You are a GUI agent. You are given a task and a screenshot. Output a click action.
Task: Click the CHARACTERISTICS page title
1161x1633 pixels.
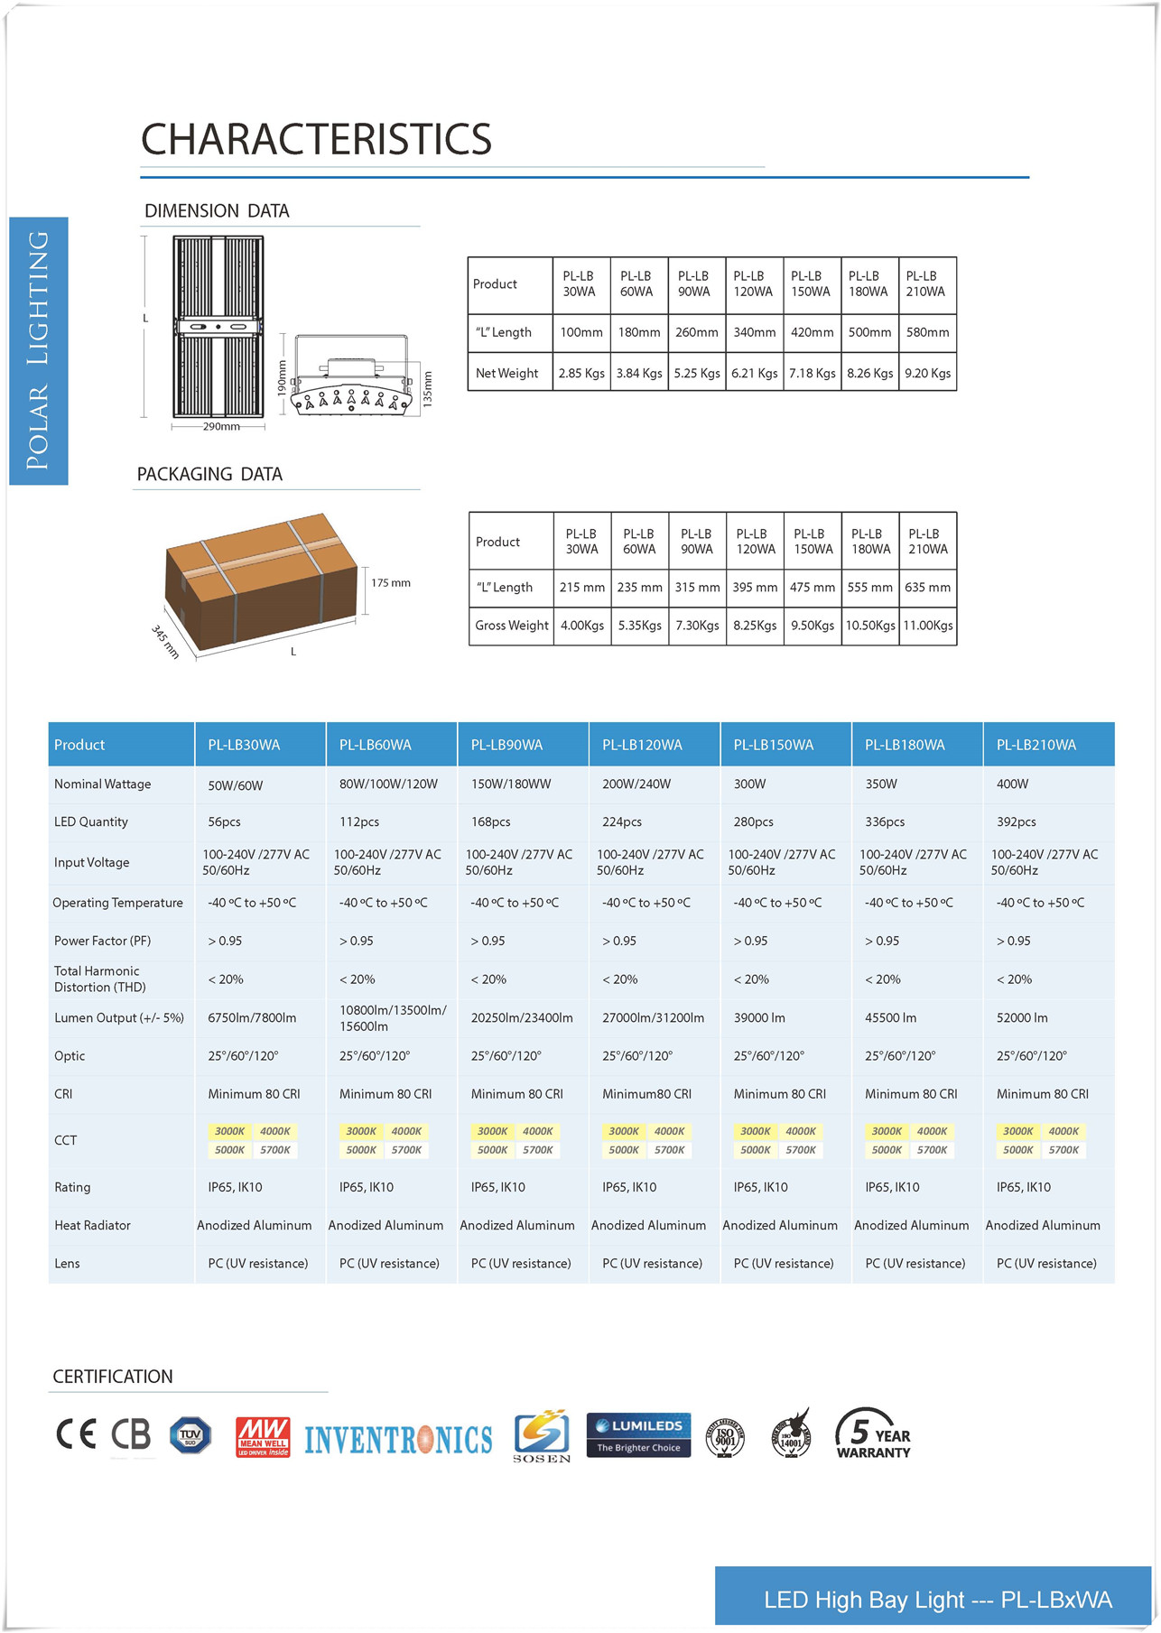point(316,140)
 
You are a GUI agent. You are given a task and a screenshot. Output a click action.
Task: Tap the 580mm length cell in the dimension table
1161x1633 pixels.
point(927,332)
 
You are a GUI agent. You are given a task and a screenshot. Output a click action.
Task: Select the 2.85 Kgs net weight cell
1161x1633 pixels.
point(581,373)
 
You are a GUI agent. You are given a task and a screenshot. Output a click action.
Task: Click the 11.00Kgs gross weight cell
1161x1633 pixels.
point(928,625)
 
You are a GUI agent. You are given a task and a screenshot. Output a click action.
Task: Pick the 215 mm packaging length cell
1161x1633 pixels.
point(582,587)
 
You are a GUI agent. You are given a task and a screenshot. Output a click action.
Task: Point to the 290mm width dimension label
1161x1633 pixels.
point(221,426)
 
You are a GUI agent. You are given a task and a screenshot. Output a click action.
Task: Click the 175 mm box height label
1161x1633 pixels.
point(391,583)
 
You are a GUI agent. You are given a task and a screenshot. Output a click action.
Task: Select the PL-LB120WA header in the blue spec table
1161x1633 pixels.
point(642,745)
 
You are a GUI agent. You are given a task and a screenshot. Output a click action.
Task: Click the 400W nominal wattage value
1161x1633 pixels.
point(1012,784)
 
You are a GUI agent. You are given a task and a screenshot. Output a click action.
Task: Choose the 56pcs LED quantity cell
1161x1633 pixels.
point(224,821)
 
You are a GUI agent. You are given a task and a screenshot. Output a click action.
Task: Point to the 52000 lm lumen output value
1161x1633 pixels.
point(1022,1017)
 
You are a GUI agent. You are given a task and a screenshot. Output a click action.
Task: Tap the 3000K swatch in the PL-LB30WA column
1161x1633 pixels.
point(229,1131)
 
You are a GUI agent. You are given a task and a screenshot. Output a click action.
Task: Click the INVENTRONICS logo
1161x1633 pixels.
point(398,1439)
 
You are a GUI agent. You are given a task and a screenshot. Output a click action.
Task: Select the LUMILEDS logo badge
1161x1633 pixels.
point(638,1434)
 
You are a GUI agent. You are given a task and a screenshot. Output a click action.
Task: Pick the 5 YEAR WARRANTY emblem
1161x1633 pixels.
point(872,1434)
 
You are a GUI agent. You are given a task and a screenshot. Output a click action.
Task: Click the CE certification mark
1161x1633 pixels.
point(76,1434)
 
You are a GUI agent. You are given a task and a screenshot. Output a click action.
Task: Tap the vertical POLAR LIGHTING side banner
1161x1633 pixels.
point(38,350)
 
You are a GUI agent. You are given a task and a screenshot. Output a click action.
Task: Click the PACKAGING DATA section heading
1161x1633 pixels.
point(209,474)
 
